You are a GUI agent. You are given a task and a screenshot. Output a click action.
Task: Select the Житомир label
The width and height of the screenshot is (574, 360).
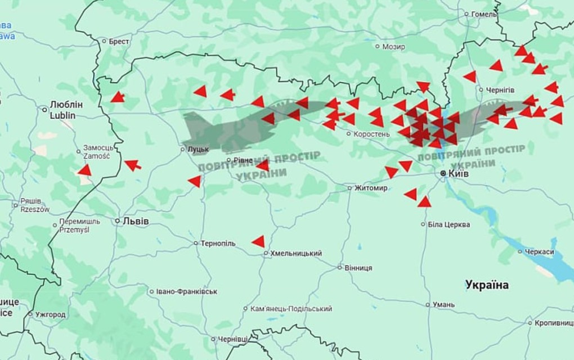[x=371, y=188]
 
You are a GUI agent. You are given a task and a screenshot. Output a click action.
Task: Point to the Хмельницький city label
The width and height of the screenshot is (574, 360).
[x=296, y=253]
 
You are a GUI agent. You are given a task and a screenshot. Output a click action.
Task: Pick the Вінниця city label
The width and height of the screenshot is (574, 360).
[x=358, y=268]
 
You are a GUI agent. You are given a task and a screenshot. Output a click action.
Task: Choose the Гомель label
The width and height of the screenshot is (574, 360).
[x=484, y=14]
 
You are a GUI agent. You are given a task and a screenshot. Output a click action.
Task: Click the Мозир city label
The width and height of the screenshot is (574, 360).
[x=393, y=47]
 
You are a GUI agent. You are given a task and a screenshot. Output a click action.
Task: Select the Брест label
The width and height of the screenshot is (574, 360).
[x=119, y=41]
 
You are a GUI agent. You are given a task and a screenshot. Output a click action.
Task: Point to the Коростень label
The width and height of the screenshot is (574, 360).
[x=371, y=134]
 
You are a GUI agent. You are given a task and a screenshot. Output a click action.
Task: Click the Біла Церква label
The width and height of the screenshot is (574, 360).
[x=449, y=224]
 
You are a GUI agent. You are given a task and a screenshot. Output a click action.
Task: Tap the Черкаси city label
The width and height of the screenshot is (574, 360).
[x=540, y=252]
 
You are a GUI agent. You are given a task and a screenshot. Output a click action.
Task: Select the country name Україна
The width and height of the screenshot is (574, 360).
[x=487, y=285]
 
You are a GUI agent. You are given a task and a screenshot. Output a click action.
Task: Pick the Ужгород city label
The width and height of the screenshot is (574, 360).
[x=50, y=314]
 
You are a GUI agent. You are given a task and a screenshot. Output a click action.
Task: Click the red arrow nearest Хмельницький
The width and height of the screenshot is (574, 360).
[x=258, y=241]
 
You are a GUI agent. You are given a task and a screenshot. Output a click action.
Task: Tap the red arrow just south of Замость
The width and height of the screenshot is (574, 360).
[x=84, y=170]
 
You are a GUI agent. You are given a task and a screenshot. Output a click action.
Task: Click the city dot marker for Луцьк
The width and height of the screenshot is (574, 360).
[x=182, y=149]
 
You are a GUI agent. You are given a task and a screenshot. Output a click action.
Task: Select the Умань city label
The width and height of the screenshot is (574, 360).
[x=443, y=304]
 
